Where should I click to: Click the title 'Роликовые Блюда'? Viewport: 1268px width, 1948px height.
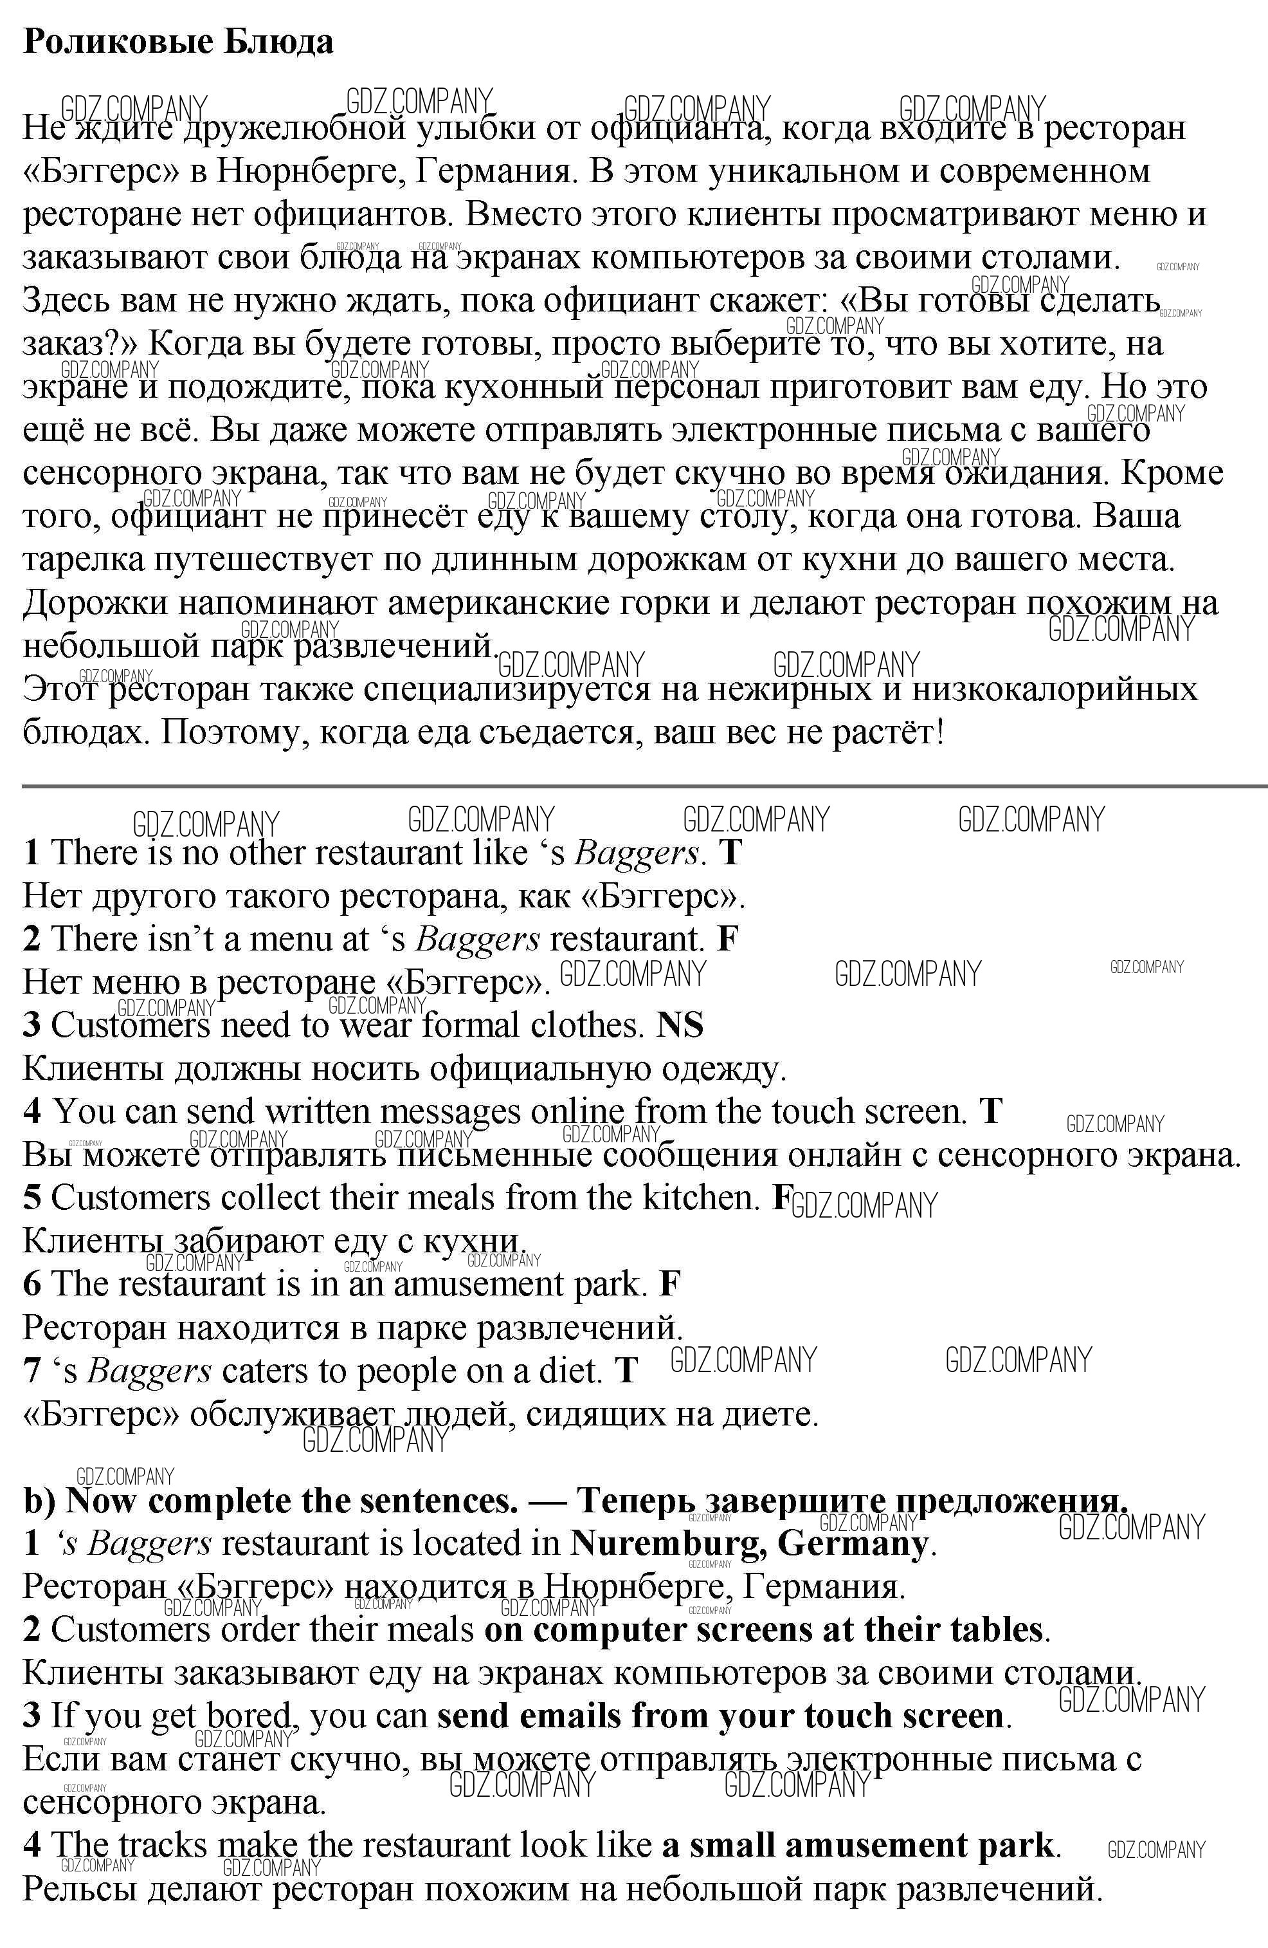click(x=177, y=41)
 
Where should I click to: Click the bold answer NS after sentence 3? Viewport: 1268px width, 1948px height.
click(x=680, y=1025)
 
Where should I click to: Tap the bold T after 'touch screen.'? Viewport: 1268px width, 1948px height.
click(x=991, y=1111)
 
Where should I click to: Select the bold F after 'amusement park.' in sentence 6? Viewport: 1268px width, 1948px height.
click(x=669, y=1283)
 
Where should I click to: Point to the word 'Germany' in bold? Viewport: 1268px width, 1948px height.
click(x=853, y=1543)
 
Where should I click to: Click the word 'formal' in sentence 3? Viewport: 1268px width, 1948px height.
click(x=471, y=1025)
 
